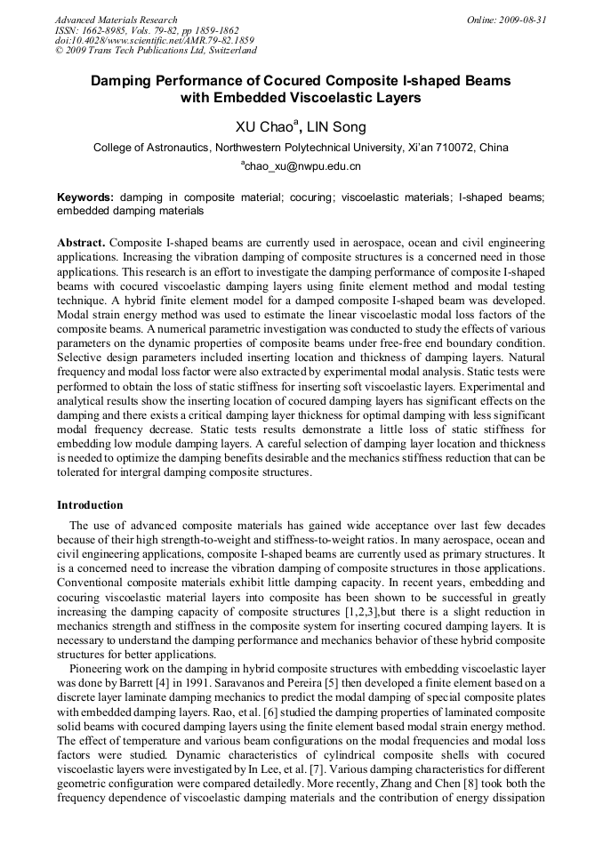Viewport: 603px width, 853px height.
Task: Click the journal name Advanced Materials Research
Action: (117, 20)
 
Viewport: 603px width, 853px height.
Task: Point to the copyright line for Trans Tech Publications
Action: (156, 51)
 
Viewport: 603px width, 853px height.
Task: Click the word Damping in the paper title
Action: (125, 81)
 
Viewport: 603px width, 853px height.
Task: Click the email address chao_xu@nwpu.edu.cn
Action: (302, 166)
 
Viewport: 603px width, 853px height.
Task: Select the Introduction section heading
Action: (90, 505)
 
